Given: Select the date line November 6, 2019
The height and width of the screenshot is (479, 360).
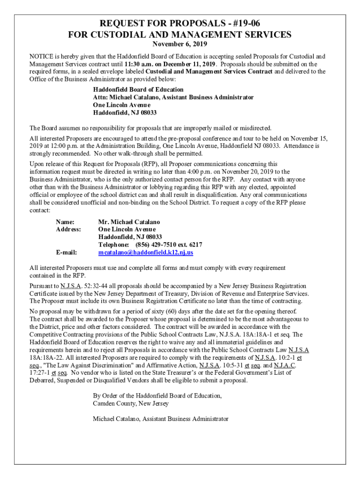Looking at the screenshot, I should pyautogui.click(x=180, y=44).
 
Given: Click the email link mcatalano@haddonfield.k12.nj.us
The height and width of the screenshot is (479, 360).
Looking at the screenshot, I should pyautogui.click(x=145, y=252).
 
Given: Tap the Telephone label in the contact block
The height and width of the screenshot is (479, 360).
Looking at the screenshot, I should pyautogui.click(x=113, y=245).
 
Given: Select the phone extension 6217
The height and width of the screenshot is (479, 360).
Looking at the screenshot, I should pyautogui.click(x=194, y=245).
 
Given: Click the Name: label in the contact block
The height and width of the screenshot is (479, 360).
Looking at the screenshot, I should pyautogui.click(x=65, y=222).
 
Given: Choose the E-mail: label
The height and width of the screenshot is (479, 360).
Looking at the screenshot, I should pyautogui.click(x=66, y=252).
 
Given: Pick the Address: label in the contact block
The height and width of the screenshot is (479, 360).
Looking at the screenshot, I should pyautogui.click(x=68, y=229).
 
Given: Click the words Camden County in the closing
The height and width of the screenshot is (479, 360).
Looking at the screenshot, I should pyautogui.click(x=114, y=403).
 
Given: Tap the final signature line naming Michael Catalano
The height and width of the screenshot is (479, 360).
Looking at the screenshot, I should pyautogui.click(x=160, y=419).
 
